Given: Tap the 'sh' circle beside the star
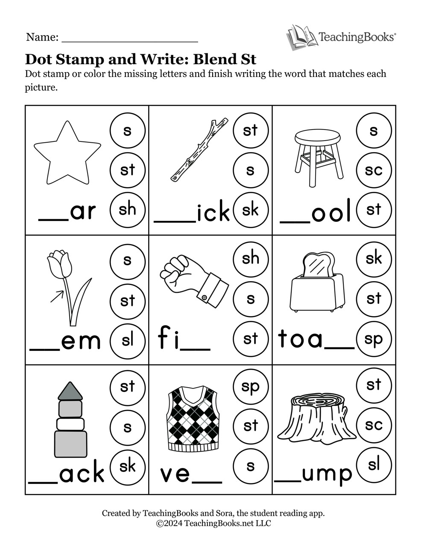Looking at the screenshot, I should pos(127,209).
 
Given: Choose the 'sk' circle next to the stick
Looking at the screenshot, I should pos(251,209).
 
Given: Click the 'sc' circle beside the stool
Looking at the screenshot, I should pos(374,170).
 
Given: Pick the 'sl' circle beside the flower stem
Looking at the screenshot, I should pos(127,340).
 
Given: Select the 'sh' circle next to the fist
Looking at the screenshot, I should pos(251,258).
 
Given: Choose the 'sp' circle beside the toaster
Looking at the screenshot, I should pos(374,339).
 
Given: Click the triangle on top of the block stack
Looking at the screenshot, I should pos(70,391).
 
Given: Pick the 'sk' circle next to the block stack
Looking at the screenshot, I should pos(127,467).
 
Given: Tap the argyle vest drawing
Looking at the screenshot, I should pos(193,419).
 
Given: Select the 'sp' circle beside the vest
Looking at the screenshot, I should pos(251,386).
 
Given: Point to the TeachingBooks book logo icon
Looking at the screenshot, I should pos(300,37).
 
